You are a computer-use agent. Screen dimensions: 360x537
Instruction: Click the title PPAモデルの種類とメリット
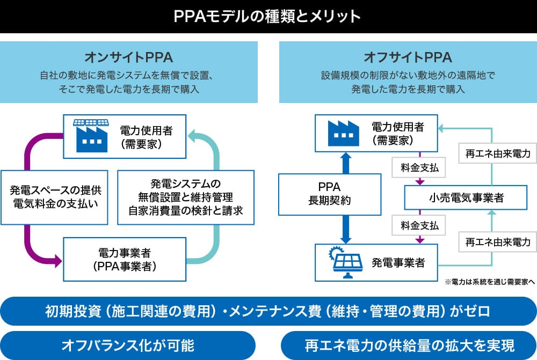pos(268,16)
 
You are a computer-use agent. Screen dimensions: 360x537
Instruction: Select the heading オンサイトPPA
pos(128,57)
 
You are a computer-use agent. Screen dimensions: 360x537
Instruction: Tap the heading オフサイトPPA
pos(408,57)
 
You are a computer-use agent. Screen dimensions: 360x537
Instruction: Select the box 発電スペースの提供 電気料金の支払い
pos(56,197)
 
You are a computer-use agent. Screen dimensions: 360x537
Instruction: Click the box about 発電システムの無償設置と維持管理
pos(185,197)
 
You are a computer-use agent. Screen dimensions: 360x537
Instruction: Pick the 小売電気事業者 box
pos(466,198)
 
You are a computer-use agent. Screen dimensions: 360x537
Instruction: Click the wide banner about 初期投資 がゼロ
pos(268,311)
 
